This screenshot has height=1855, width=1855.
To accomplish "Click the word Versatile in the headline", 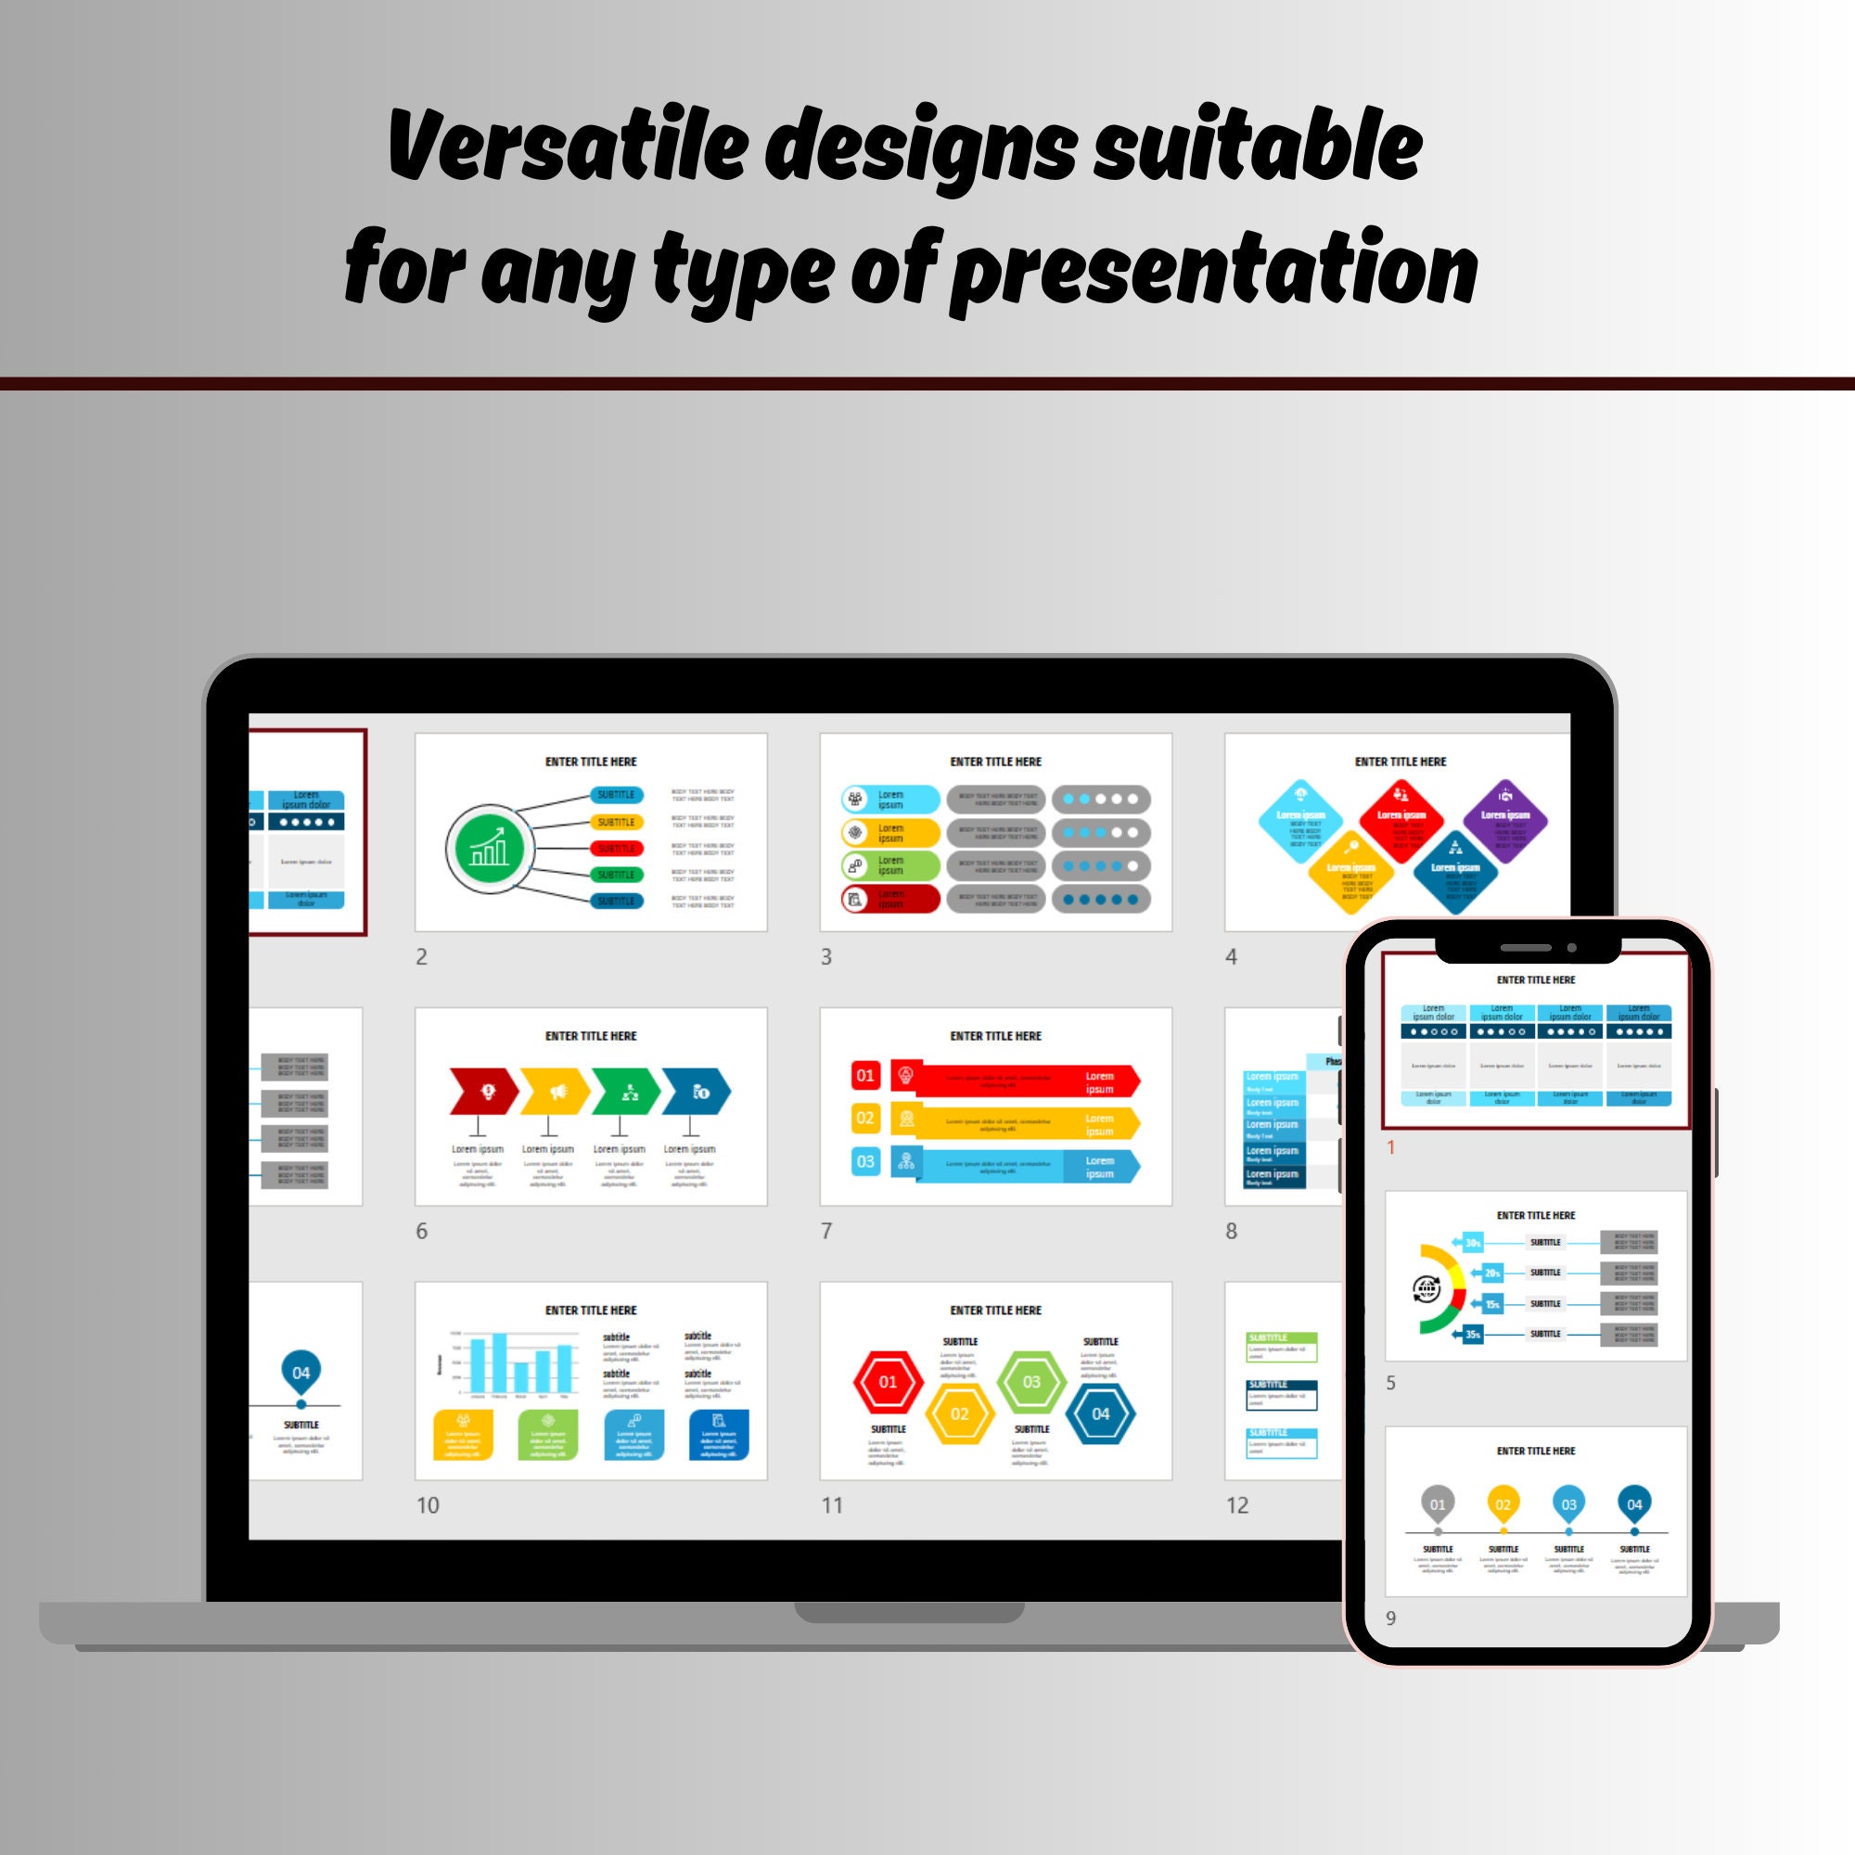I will (x=567, y=146).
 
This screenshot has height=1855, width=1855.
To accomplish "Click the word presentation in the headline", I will (x=1215, y=271).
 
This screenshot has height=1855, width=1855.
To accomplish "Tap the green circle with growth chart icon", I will (x=489, y=849).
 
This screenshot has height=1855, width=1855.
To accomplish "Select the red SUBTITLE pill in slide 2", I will (x=617, y=849).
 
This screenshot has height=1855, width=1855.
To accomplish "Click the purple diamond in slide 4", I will (x=1504, y=821).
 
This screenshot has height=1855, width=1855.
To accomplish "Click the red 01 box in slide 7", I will (x=865, y=1075).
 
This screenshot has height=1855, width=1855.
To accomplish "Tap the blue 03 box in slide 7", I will (x=865, y=1162).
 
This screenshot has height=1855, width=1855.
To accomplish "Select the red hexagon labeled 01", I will (x=889, y=1382).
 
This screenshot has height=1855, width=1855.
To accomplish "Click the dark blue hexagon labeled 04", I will (x=1100, y=1414).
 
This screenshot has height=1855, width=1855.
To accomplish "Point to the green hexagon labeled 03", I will (x=1031, y=1382).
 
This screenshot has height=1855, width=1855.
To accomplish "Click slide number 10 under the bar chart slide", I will (x=428, y=1505).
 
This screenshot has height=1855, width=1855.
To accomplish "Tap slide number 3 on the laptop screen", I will (x=825, y=956).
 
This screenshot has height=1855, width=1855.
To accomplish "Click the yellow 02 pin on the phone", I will (x=1503, y=1504).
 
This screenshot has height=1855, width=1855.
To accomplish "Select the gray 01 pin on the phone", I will (x=1438, y=1504).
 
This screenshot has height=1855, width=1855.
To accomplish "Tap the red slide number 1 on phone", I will (x=1390, y=1147).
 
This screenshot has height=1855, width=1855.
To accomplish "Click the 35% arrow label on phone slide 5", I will (x=1471, y=1335).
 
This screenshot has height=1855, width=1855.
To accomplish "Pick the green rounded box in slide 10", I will (x=547, y=1435).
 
